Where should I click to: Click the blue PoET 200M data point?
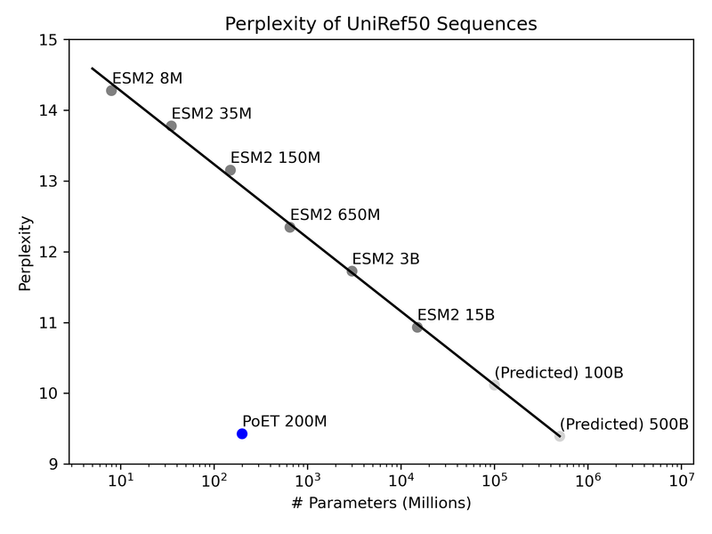(x=242, y=433)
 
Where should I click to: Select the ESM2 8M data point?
(x=111, y=90)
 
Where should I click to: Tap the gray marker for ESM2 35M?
(x=171, y=125)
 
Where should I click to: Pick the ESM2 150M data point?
(x=231, y=170)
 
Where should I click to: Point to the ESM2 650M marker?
(x=290, y=227)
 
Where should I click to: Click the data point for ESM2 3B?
(x=352, y=271)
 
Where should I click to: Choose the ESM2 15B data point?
(x=417, y=328)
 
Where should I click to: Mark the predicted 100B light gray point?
(x=494, y=384)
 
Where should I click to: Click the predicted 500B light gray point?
(x=559, y=436)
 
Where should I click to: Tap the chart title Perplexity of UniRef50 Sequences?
(x=381, y=24)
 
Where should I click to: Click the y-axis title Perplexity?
(x=25, y=252)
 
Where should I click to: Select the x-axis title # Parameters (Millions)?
(x=381, y=503)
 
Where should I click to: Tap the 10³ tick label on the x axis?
(x=307, y=481)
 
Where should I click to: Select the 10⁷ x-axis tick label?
(x=681, y=481)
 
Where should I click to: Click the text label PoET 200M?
(x=285, y=421)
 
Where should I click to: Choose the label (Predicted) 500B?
(x=624, y=425)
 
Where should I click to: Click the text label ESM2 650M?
(x=336, y=214)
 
